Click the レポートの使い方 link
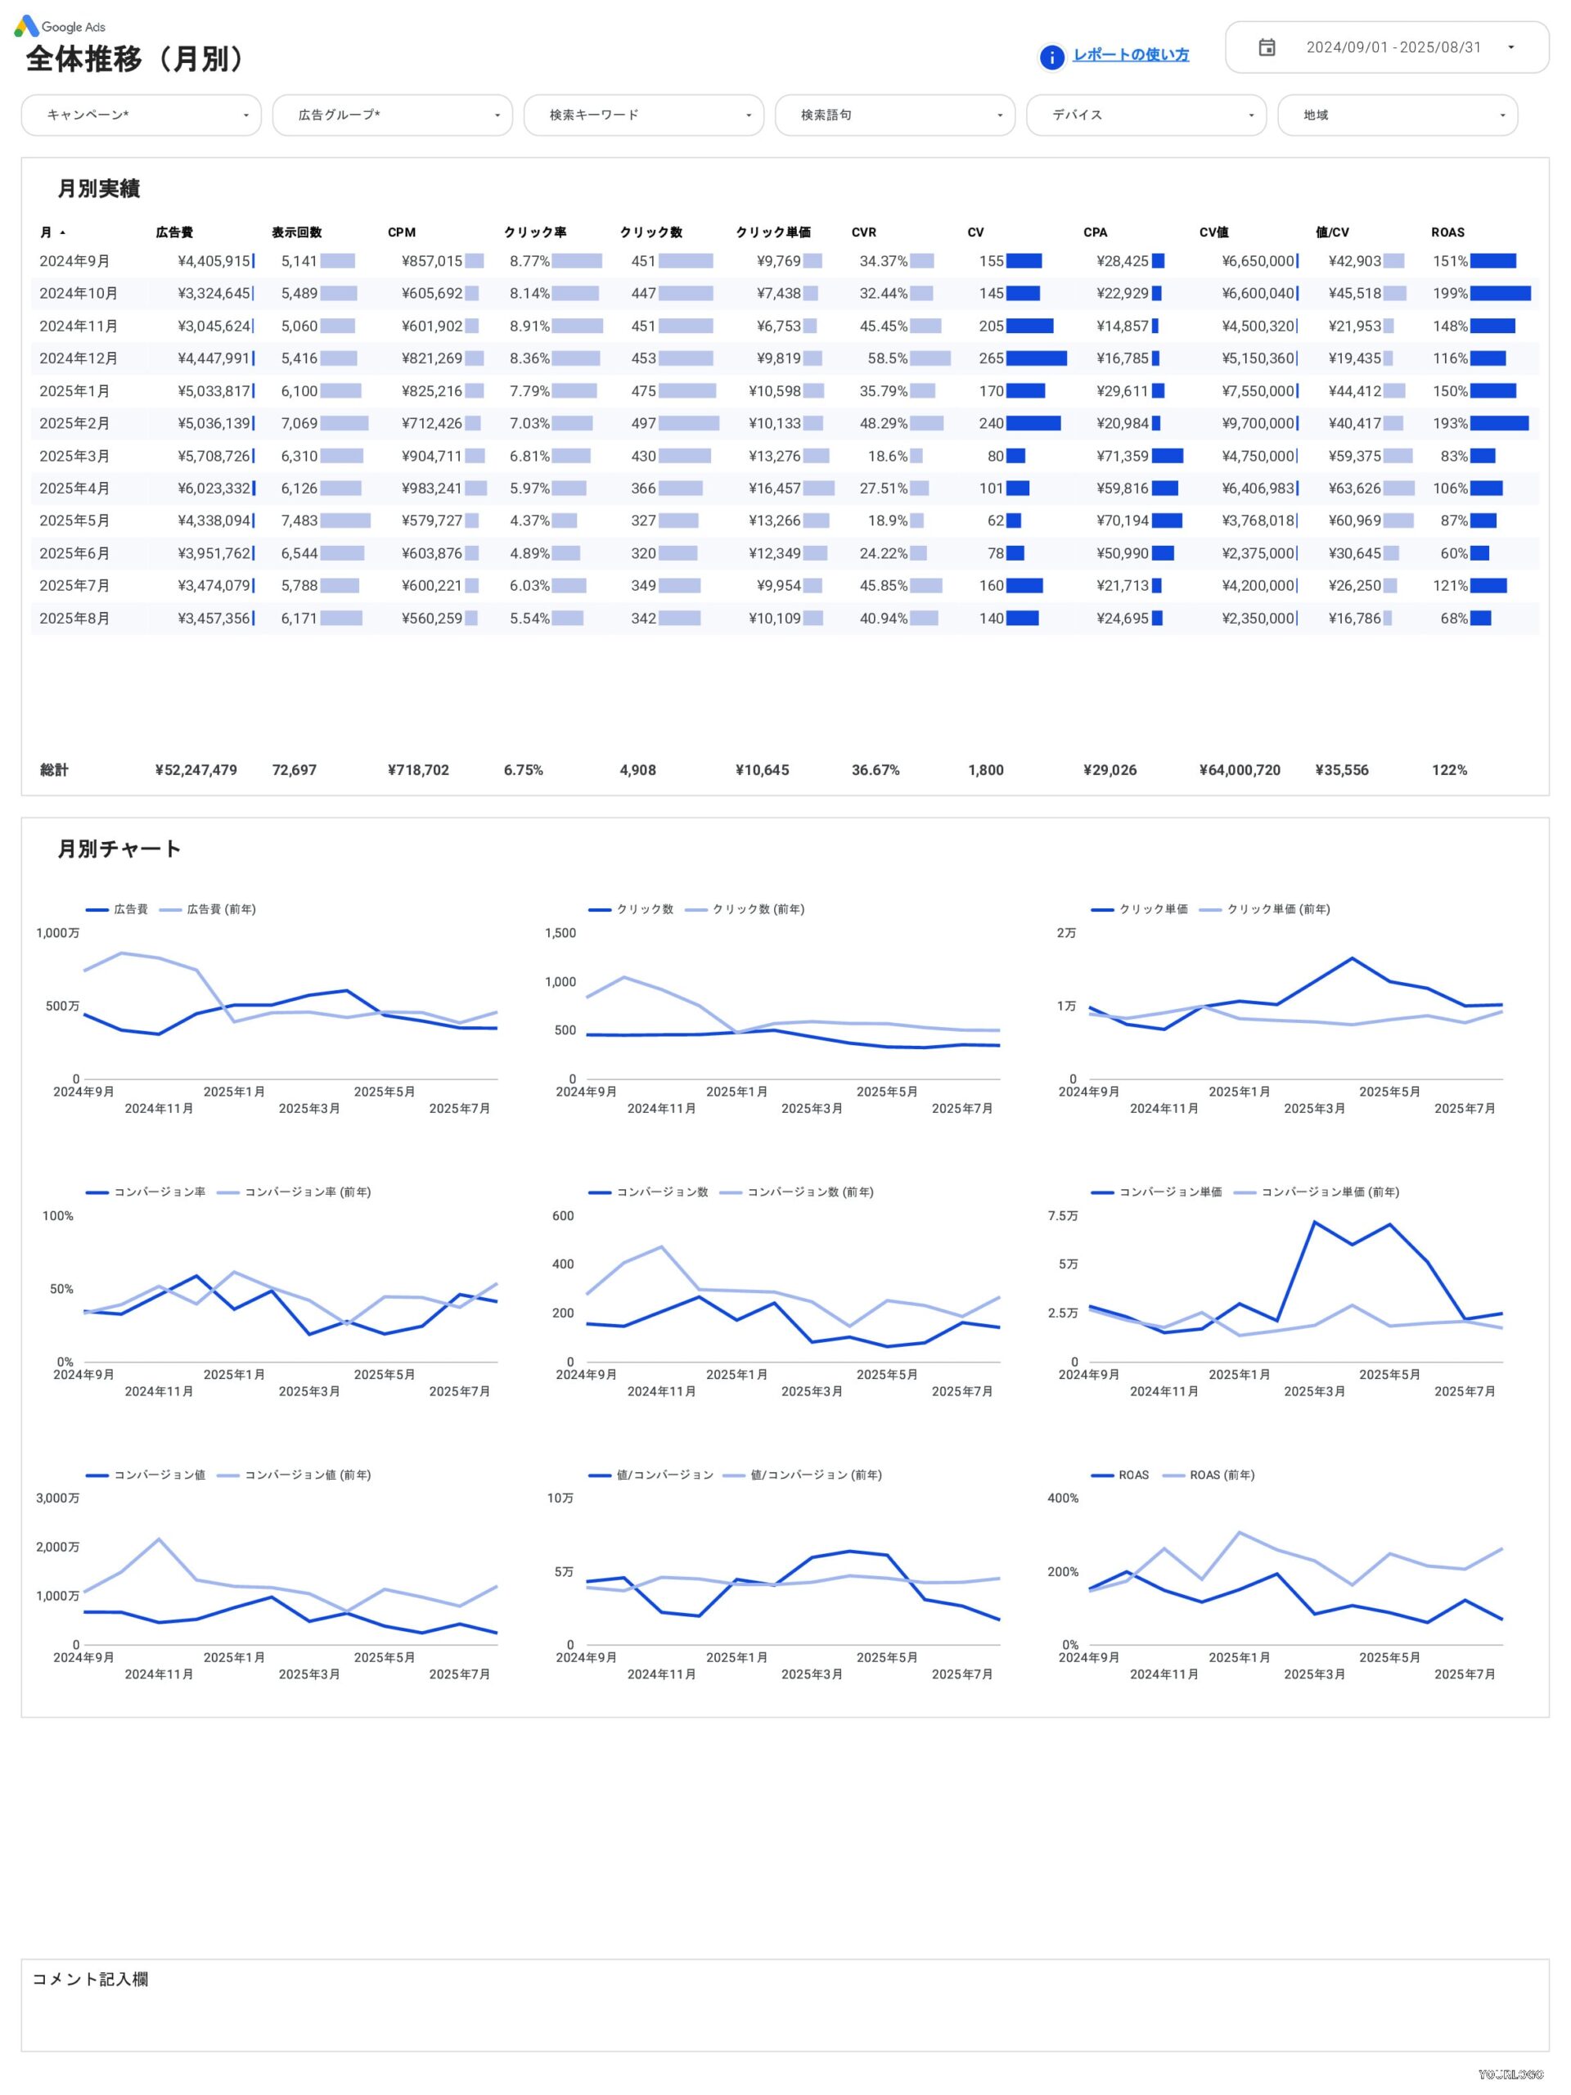click(1130, 55)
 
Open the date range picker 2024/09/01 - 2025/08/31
click(1386, 47)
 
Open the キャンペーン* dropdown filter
click(141, 115)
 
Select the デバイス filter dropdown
click(1145, 115)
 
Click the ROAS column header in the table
click(1447, 232)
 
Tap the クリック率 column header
click(535, 232)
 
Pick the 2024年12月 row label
click(79, 358)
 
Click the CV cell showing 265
click(991, 358)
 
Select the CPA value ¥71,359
click(1122, 456)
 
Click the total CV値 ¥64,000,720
click(1239, 770)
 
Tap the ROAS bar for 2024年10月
click(1499, 294)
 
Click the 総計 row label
click(54, 770)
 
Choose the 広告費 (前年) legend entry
click(219, 909)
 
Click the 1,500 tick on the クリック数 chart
click(560, 933)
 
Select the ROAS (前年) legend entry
click(1221, 1475)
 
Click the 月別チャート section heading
click(119, 849)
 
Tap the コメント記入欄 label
click(90, 1979)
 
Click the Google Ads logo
click(60, 26)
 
